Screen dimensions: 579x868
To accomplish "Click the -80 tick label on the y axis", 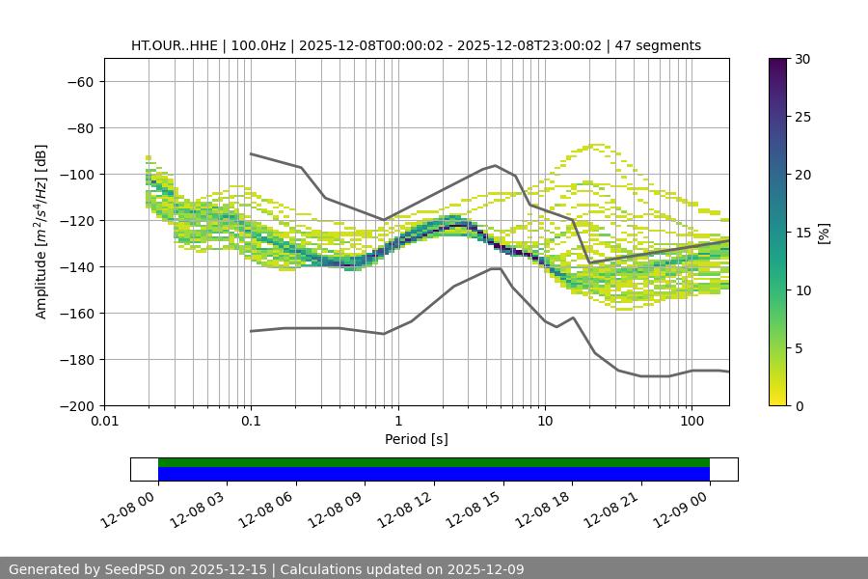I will [80, 127].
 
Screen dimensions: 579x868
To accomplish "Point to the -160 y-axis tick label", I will [76, 313].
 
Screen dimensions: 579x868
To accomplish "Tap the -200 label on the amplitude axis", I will [76, 405].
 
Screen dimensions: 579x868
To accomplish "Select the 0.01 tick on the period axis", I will [104, 422].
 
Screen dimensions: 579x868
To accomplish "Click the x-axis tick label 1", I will [397, 422].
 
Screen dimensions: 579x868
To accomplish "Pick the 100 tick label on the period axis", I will [692, 422].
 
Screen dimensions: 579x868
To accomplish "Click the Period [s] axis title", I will [416, 439].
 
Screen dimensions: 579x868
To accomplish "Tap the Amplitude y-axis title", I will [41, 232].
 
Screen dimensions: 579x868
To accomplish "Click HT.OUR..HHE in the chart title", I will [171, 45].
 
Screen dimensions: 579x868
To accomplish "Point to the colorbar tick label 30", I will [801, 59].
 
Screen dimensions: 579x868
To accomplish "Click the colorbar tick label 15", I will [801, 233].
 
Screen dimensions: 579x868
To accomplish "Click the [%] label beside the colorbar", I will [824, 233].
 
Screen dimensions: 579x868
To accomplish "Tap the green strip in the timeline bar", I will [434, 462].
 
